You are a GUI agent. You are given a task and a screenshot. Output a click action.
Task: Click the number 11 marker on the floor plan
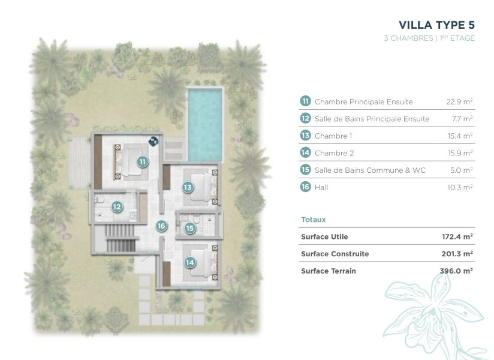pyautogui.click(x=143, y=162)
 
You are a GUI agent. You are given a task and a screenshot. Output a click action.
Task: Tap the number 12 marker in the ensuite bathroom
pyautogui.click(x=117, y=207)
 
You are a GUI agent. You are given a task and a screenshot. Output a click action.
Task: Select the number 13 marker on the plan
pyautogui.click(x=188, y=187)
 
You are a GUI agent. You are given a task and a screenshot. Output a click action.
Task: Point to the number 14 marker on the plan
pyautogui.click(x=189, y=262)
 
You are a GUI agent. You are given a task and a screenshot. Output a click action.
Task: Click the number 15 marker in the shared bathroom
pyautogui.click(x=189, y=228)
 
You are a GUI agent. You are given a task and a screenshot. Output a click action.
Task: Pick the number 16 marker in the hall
pyautogui.click(x=161, y=226)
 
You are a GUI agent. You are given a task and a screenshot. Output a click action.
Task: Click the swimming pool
pyautogui.click(x=205, y=124)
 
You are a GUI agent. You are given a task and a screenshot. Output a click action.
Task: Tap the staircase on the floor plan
pyautogui.click(x=121, y=238)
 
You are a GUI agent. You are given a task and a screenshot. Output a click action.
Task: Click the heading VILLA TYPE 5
pyautogui.click(x=436, y=25)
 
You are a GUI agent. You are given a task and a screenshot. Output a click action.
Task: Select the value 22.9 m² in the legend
pyautogui.click(x=459, y=101)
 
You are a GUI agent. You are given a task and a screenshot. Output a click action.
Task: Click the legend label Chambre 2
pyautogui.click(x=335, y=153)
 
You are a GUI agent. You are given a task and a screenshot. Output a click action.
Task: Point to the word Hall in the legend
pyautogui.click(x=321, y=187)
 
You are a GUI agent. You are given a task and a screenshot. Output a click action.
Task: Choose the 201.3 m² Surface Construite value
pyautogui.click(x=457, y=254)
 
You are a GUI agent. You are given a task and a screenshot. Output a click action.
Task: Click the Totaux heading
pyautogui.click(x=313, y=220)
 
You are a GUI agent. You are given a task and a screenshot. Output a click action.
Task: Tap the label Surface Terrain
pyautogui.click(x=329, y=271)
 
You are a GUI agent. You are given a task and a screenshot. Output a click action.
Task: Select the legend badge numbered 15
pyautogui.click(x=305, y=170)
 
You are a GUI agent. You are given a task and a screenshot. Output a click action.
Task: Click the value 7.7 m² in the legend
pyautogui.click(x=462, y=119)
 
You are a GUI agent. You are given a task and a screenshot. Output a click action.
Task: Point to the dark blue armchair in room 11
pyautogui.click(x=153, y=141)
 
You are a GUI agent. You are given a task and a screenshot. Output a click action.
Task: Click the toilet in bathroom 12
pyautogui.click(x=100, y=199)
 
